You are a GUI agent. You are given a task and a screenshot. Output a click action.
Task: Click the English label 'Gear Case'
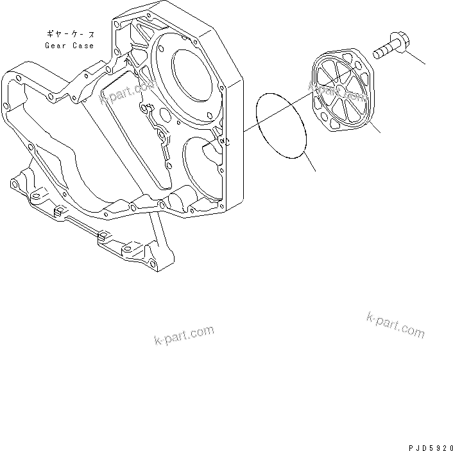coord(69,46)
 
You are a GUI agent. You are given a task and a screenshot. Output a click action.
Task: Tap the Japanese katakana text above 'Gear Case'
coord(69,33)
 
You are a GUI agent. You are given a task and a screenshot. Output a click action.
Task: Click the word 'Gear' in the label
coord(56,46)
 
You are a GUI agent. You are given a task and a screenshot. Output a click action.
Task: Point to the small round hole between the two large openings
coord(165,116)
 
